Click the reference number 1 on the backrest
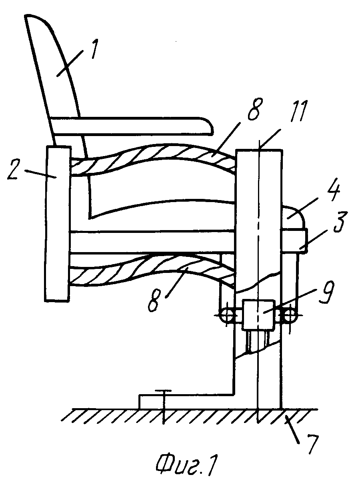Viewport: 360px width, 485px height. coord(94,49)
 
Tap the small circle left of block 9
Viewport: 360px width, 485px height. coord(227,315)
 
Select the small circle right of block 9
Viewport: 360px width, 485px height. coord(290,315)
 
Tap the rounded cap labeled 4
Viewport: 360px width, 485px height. coord(293,217)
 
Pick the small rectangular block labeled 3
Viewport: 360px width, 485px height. coord(294,241)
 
